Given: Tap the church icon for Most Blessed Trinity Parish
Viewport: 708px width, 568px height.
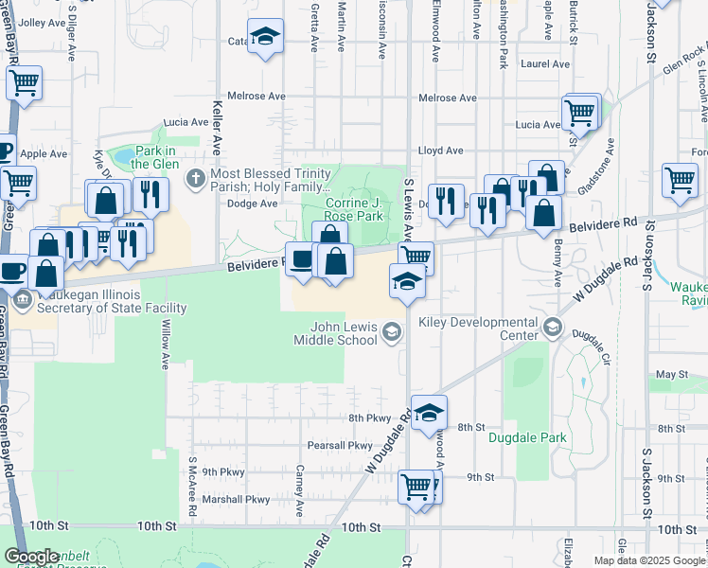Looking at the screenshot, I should [x=195, y=176].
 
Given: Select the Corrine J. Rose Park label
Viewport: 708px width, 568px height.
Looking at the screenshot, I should [x=355, y=209].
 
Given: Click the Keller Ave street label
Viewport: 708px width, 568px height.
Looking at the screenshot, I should [x=217, y=129].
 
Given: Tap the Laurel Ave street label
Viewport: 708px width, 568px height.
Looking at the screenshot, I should [x=547, y=64].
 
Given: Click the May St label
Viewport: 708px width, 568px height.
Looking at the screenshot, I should [x=671, y=375].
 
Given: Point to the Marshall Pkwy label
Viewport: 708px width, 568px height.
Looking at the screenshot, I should [x=236, y=500].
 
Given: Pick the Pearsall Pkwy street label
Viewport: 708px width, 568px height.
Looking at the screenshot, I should [x=340, y=445].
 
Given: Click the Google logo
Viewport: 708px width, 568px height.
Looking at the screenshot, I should [x=32, y=557].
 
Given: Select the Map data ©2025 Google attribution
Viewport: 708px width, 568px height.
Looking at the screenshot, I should [x=649, y=560].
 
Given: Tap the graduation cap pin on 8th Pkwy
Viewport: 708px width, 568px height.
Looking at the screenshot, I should [x=428, y=412].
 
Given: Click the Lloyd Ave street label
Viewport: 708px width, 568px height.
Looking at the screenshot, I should [x=441, y=151].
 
